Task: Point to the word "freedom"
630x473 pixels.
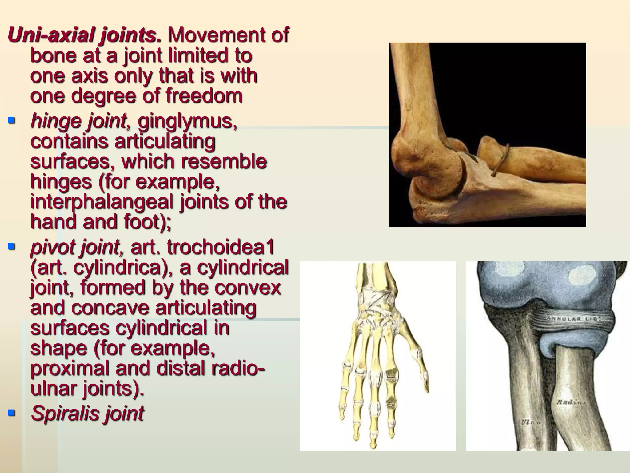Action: point(204,96)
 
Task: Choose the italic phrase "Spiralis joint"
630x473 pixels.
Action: point(87,413)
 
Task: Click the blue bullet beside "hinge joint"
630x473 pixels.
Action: point(12,120)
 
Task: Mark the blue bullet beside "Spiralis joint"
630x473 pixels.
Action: point(12,412)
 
